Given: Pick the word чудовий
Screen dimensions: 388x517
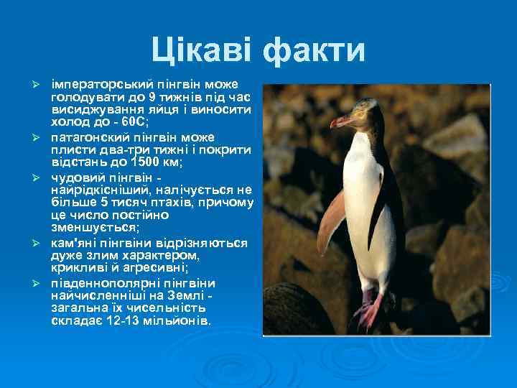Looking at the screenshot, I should point(77,176).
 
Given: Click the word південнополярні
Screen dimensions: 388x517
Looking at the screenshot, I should point(106,282).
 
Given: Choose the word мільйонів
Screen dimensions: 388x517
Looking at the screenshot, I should point(182,321).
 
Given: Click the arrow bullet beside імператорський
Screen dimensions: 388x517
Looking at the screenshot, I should point(41,84).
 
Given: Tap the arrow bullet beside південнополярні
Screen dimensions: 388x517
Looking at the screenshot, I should point(41,282).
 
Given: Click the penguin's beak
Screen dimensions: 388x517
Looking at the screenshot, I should point(341,121).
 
